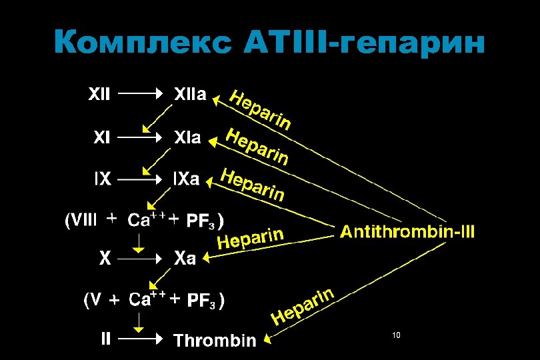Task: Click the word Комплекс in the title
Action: [x=143, y=43]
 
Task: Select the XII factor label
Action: [x=101, y=94]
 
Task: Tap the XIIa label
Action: [x=190, y=94]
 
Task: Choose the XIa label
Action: [x=187, y=138]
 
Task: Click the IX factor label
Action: [x=101, y=179]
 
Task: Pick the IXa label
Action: [x=186, y=179]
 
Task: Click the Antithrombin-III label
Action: [x=408, y=232]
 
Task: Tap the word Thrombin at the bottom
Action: [x=215, y=341]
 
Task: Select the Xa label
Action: [x=185, y=258]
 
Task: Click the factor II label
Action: [x=105, y=339]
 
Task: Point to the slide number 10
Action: [x=396, y=335]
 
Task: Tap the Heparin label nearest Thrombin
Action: [x=301, y=306]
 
